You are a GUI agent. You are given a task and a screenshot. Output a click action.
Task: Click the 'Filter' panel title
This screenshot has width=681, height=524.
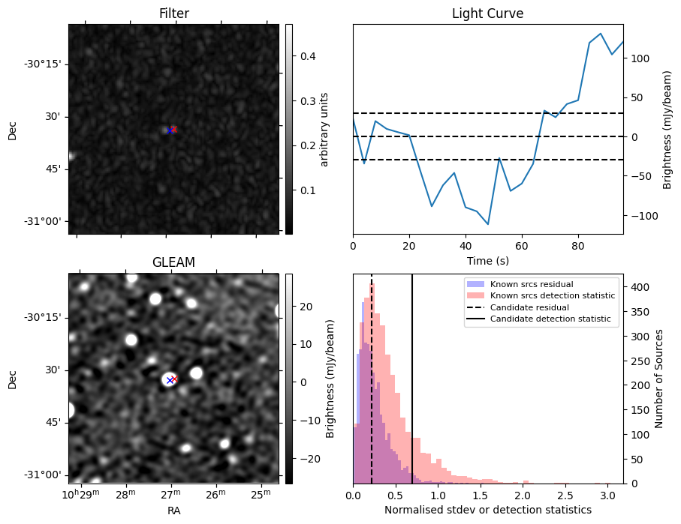[173, 13]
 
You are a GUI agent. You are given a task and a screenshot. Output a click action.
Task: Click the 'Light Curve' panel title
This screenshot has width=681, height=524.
[487, 13]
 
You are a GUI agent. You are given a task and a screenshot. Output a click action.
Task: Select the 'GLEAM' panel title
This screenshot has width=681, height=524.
[173, 262]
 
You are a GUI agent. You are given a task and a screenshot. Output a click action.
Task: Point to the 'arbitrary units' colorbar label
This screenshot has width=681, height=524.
[324, 129]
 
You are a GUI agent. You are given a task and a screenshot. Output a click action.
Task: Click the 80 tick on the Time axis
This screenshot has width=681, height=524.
[577, 244]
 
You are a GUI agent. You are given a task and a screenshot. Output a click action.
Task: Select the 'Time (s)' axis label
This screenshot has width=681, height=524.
[487, 259]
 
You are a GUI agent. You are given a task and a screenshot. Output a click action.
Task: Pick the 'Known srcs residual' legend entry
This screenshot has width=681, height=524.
[532, 285]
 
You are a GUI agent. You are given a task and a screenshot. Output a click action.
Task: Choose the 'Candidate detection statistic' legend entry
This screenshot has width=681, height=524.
[550, 319]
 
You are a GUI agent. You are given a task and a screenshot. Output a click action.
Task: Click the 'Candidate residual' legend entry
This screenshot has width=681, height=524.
[529, 307]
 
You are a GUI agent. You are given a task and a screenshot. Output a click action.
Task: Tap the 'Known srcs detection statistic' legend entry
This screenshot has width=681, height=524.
[553, 296]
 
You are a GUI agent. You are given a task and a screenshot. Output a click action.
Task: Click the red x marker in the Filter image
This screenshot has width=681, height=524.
[173, 129]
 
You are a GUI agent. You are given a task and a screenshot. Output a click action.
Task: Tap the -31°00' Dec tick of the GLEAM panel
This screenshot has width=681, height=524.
[44, 475]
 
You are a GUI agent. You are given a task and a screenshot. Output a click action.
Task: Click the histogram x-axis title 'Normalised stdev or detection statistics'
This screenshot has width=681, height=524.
[487, 510]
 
